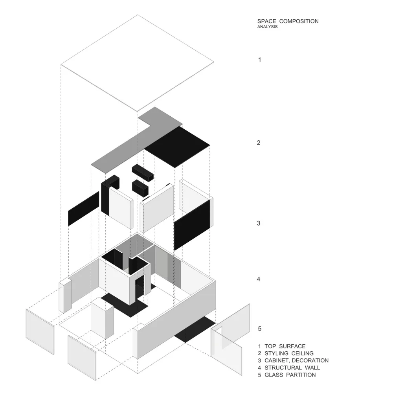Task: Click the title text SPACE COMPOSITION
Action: click(288, 21)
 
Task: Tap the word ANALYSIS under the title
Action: click(267, 27)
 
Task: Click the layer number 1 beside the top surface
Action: click(260, 60)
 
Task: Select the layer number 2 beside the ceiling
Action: click(259, 143)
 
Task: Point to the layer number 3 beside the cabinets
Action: click(259, 223)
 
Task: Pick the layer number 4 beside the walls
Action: click(259, 279)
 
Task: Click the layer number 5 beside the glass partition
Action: click(260, 329)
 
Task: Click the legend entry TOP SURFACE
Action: click(282, 346)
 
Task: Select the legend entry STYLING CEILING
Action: click(286, 353)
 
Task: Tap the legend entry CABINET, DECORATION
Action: click(293, 360)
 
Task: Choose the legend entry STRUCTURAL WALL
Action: click(289, 368)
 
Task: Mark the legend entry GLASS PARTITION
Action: click(287, 375)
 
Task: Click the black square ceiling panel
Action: click(177, 147)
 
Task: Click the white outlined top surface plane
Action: click(137, 63)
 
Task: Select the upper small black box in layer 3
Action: click(143, 173)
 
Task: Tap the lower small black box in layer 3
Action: click(140, 188)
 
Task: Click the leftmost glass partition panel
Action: click(40, 332)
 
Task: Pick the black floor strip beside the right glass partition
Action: click(195, 329)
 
